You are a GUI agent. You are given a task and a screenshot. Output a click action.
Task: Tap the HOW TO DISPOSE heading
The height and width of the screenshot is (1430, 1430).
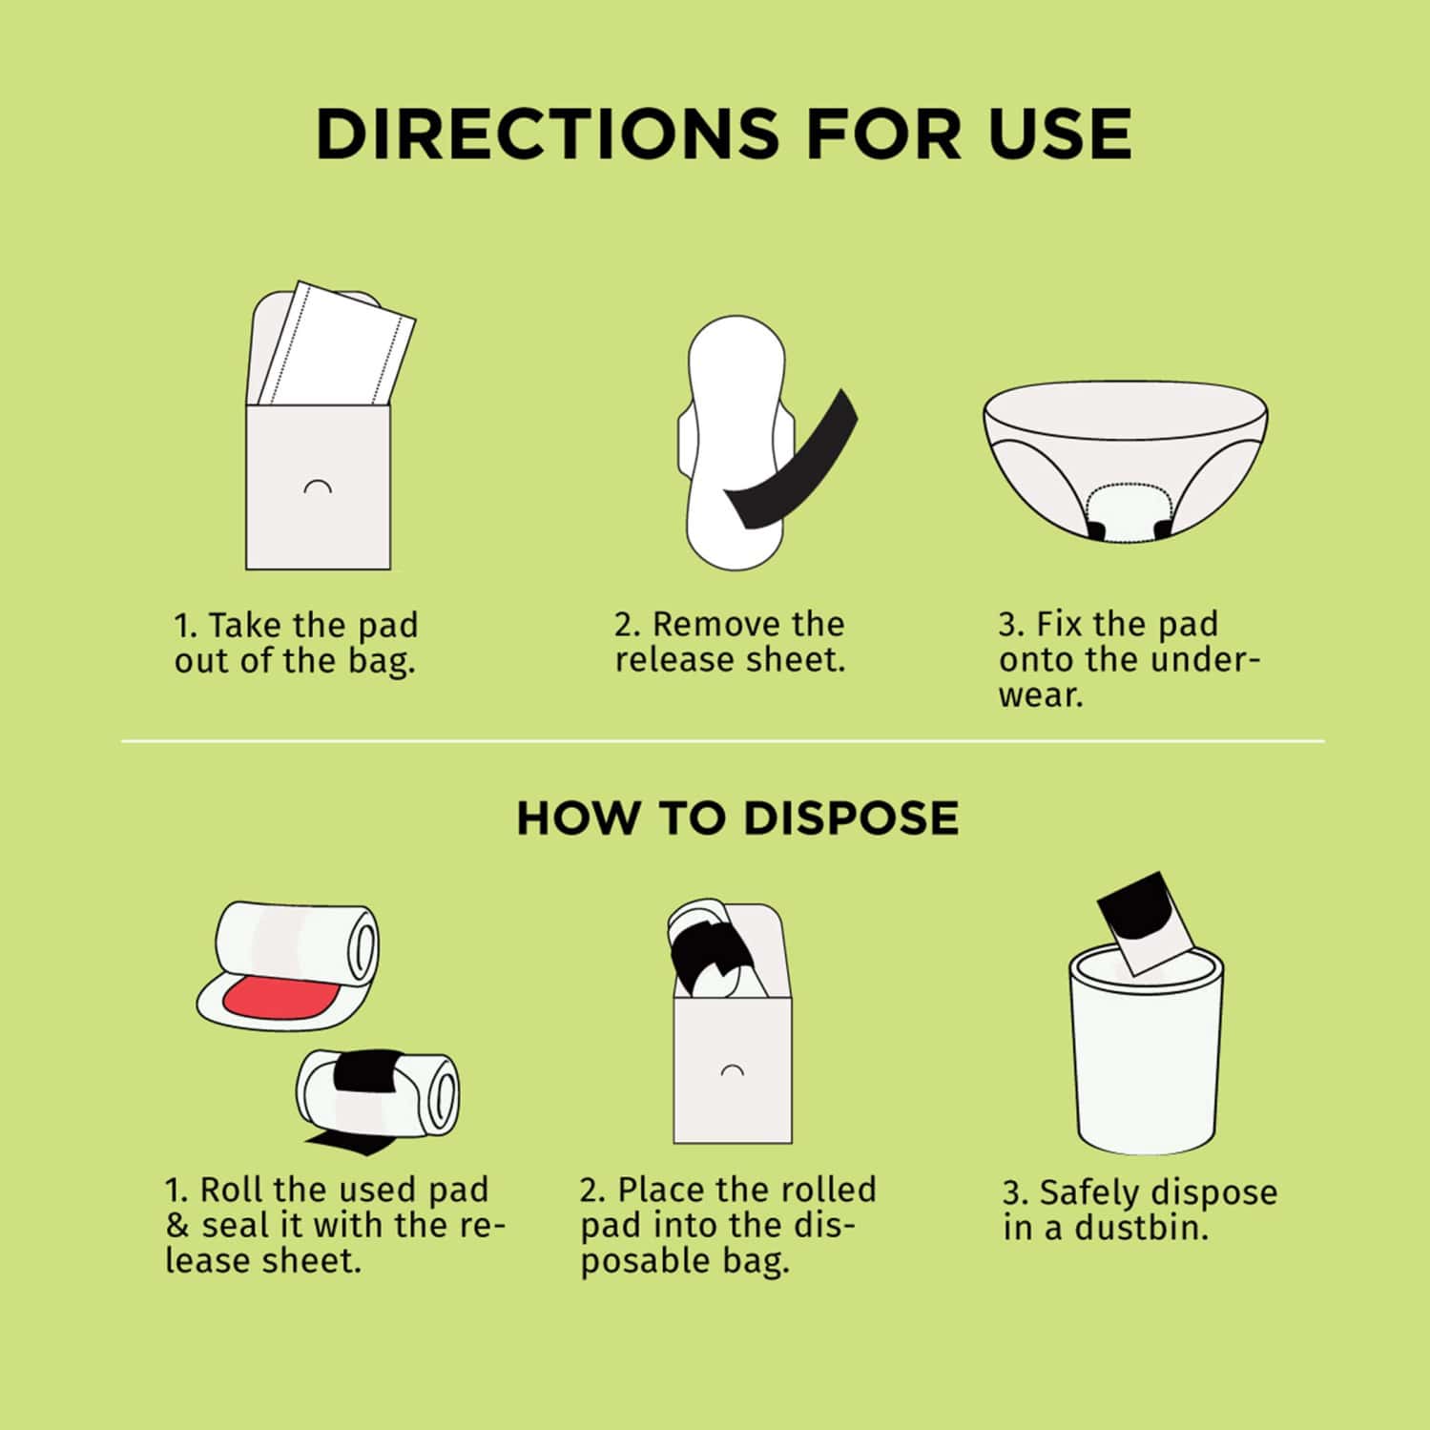736,819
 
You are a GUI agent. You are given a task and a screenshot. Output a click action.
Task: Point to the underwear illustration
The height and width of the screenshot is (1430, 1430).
1125,458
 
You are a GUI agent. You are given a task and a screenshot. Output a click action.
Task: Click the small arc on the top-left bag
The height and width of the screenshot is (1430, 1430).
317,487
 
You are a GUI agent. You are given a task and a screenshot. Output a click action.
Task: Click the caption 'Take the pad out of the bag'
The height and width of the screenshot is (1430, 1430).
296,643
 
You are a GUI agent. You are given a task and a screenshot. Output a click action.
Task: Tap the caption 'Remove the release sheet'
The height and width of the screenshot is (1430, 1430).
730,642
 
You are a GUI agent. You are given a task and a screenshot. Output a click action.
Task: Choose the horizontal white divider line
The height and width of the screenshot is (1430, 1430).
722,741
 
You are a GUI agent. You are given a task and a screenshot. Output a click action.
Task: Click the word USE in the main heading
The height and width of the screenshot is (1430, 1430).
1060,134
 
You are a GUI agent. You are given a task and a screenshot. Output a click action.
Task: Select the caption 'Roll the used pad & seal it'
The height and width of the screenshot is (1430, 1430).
333,1225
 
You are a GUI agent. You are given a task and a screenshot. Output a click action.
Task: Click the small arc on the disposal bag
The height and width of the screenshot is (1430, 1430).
732,1069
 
